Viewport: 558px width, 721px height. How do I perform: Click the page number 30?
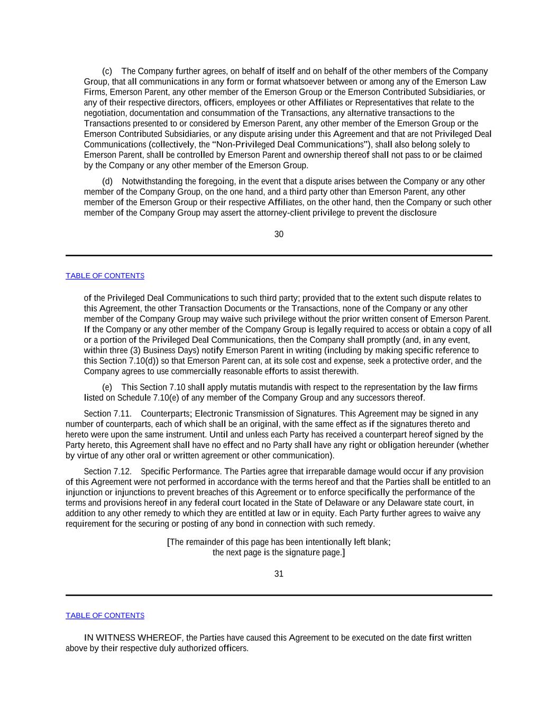click(x=279, y=235)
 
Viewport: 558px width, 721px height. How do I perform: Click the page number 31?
click(x=279, y=574)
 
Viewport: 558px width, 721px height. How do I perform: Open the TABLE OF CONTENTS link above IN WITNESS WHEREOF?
click(x=105, y=615)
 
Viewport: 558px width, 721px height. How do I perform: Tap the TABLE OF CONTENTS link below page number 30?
click(x=105, y=276)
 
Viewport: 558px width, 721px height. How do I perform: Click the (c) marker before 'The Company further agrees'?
click(x=107, y=71)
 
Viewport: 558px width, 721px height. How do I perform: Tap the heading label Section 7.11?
click(x=107, y=414)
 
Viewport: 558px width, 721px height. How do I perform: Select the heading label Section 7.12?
click(x=107, y=472)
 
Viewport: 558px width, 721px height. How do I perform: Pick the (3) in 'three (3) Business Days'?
click(x=135, y=351)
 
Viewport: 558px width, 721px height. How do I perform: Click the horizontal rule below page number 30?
click(x=279, y=256)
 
